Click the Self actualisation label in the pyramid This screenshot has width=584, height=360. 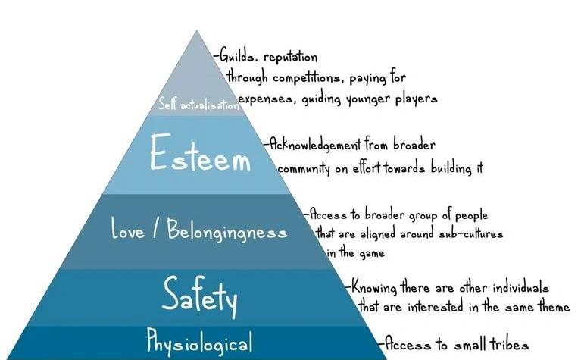coord(198,105)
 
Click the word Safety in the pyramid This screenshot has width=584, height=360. coord(199,296)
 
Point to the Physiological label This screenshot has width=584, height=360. coord(198,343)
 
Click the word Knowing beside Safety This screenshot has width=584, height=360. coord(376,289)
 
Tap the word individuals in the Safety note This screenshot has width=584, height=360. coord(516,289)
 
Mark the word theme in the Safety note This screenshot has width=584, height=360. coord(551,307)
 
